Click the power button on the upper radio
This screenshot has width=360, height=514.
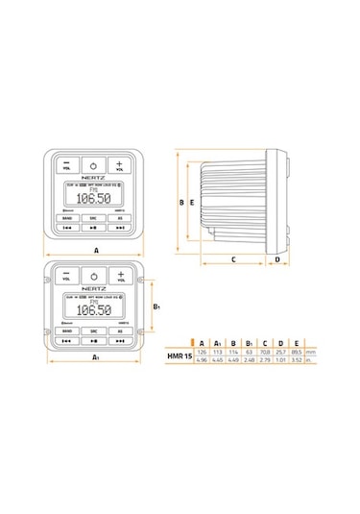(93, 164)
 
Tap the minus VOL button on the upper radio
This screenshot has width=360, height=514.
(67, 164)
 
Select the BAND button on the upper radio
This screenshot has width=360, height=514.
(66, 219)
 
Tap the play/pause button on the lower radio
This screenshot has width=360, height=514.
(93, 340)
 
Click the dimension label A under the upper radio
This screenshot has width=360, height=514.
(96, 248)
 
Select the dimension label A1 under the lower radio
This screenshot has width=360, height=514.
(96, 356)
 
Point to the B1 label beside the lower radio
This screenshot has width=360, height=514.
(157, 307)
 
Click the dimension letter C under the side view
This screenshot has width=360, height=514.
(233, 259)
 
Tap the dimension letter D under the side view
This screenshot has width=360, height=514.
(276, 259)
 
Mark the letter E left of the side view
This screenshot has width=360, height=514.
(193, 203)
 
